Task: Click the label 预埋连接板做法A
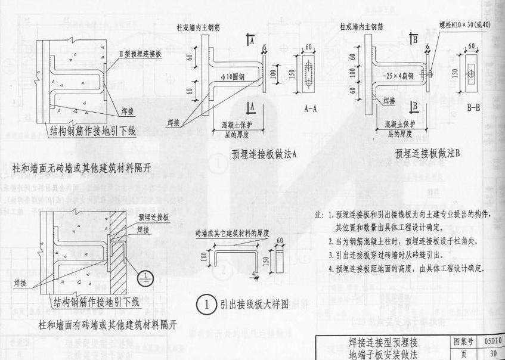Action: pyautogui.click(x=264, y=153)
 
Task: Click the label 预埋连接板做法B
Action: pyautogui.click(x=428, y=153)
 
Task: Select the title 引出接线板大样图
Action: pyautogui.click(x=254, y=304)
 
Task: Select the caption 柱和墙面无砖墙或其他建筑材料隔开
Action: pyautogui.click(x=81, y=169)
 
